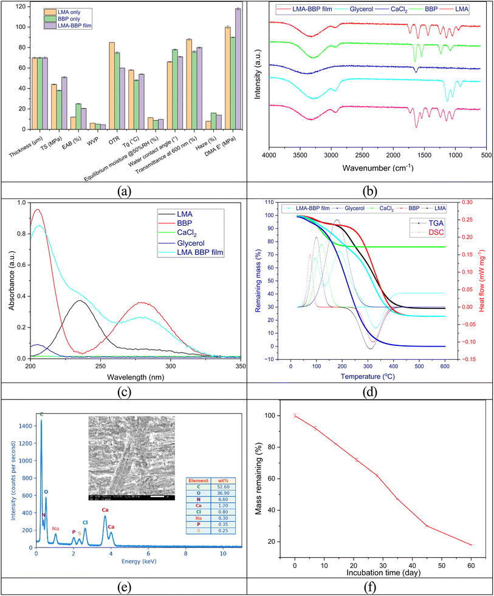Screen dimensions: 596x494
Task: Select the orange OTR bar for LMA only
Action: (112, 86)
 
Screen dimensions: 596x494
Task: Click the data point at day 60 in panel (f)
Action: (472, 545)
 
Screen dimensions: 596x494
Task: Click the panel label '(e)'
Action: (123, 584)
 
